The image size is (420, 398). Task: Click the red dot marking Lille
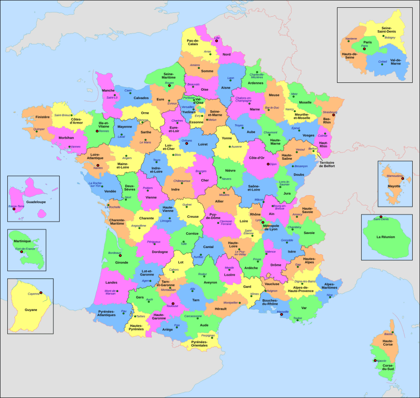pyautogui.click(x=216, y=41)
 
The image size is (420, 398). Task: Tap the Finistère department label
pyautogui.click(x=42, y=117)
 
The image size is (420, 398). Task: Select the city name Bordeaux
pyautogui.click(x=115, y=253)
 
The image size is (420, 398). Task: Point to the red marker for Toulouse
pyautogui.click(x=173, y=304)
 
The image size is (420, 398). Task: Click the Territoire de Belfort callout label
pyautogui.click(x=327, y=164)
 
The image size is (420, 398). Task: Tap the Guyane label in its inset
pyautogui.click(x=31, y=310)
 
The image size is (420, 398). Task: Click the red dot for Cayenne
pyautogui.click(x=41, y=293)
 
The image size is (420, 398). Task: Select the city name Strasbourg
pyautogui.click(x=330, y=112)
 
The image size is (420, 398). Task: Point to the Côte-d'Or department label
pyautogui.click(x=257, y=157)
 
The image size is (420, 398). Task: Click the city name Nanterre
pyautogui.click(x=351, y=39)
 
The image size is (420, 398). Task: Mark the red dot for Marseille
pyautogui.click(x=281, y=315)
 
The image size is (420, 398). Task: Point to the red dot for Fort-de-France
pyautogui.click(x=22, y=252)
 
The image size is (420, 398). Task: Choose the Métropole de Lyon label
pyautogui.click(x=271, y=227)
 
